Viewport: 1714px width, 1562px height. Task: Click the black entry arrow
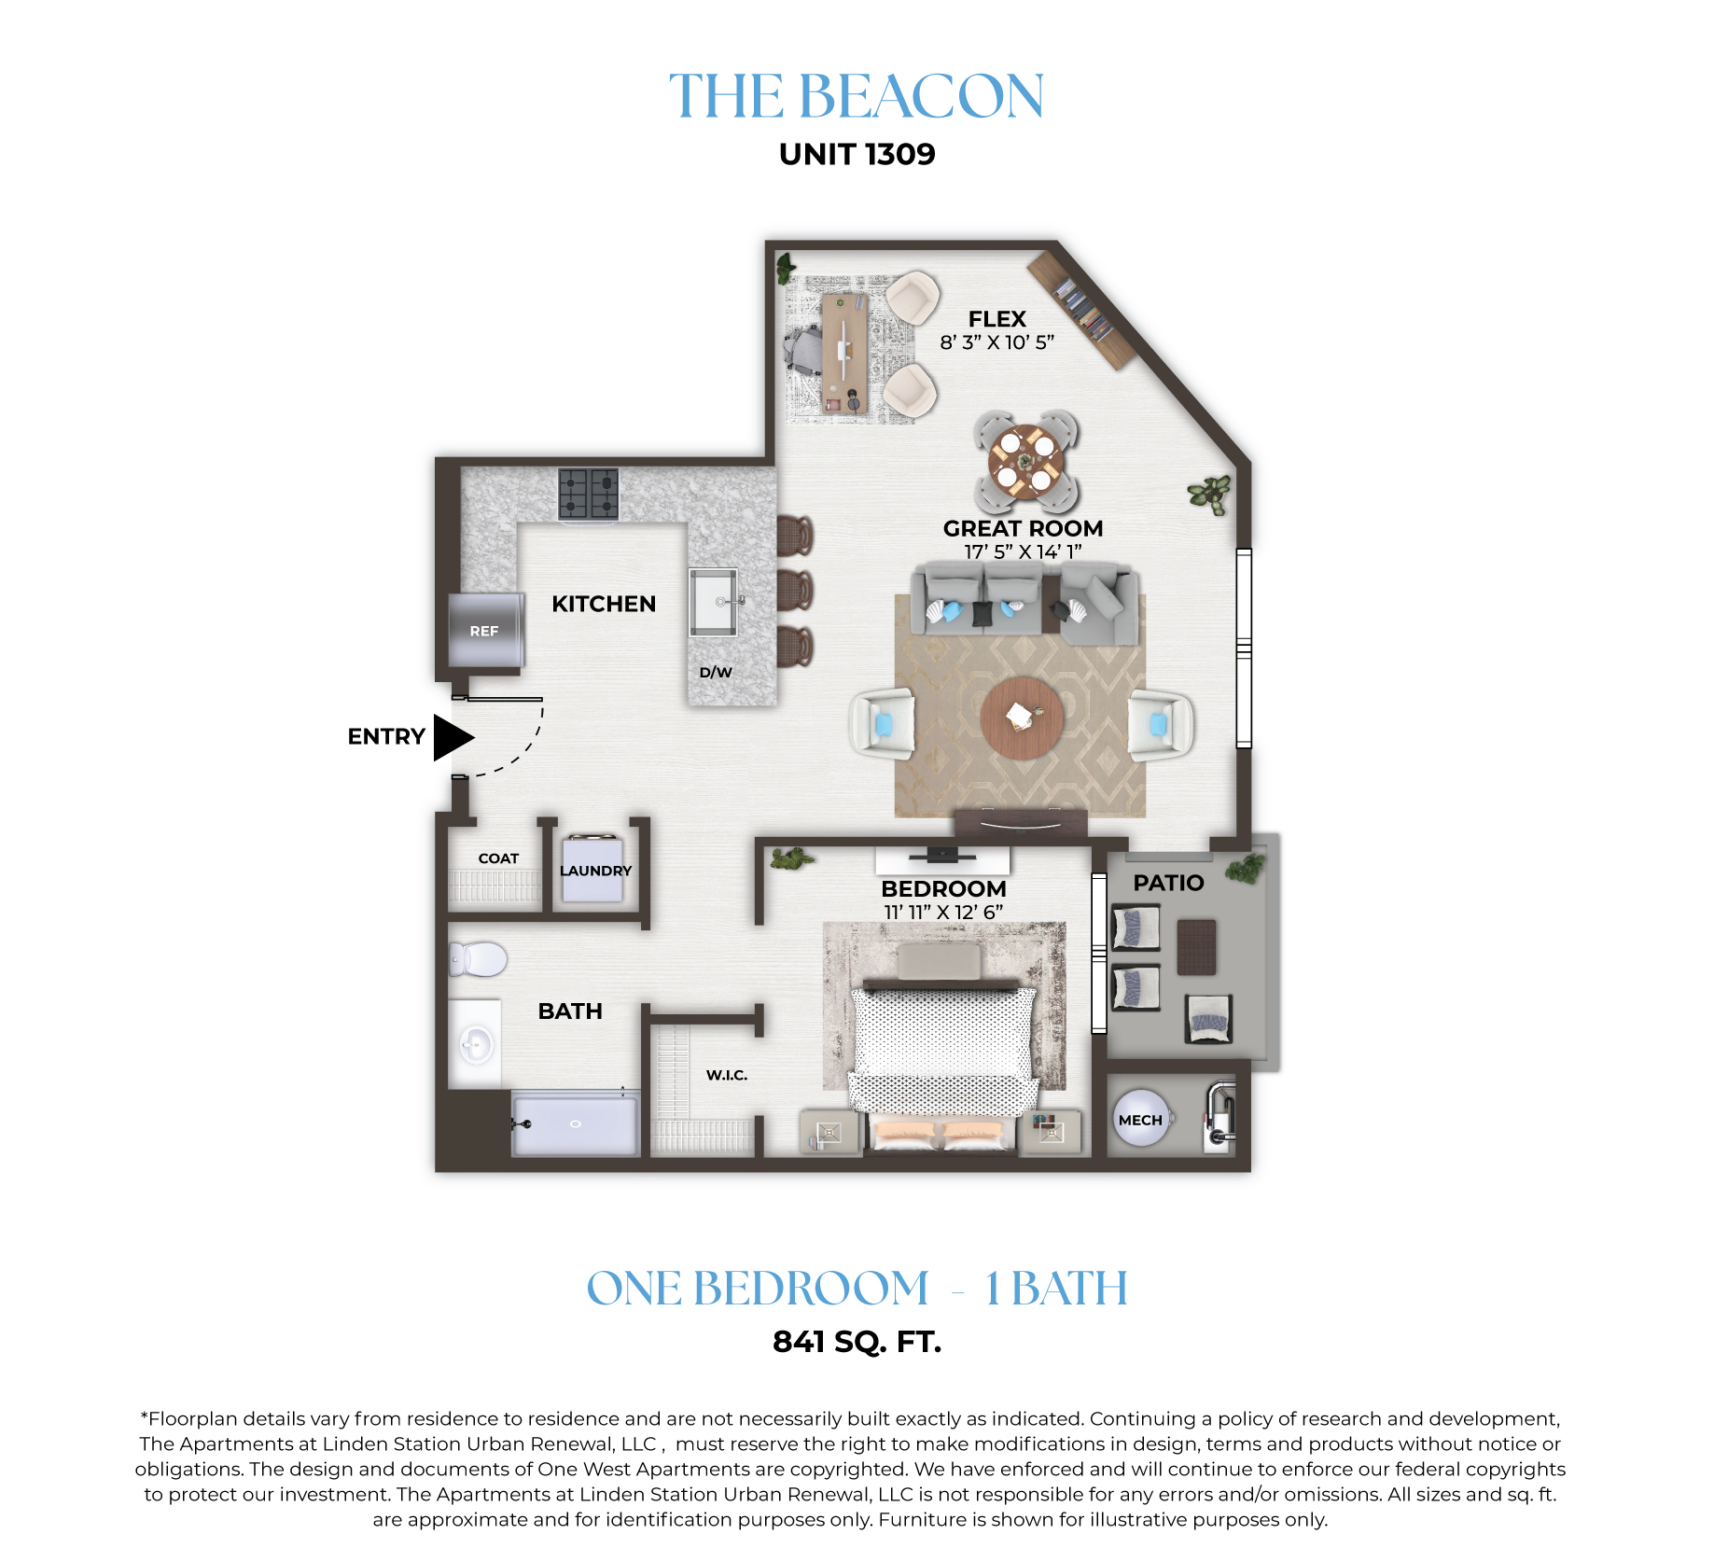(x=453, y=737)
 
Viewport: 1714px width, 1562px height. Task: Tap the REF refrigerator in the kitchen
(x=484, y=630)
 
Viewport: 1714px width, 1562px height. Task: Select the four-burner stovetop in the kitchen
(x=589, y=494)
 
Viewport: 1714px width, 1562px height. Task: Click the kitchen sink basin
(x=713, y=602)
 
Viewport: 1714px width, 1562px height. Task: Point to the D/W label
(x=716, y=672)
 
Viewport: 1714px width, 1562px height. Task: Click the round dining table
(x=1025, y=461)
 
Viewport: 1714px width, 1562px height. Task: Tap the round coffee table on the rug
(x=1022, y=718)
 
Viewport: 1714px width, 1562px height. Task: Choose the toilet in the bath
(x=478, y=958)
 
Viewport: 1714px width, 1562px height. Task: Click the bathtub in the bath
(x=576, y=1123)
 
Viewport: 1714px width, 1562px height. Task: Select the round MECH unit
(x=1140, y=1119)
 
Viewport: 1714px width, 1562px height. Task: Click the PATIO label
(x=1168, y=883)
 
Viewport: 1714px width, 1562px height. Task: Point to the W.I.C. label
(x=727, y=1075)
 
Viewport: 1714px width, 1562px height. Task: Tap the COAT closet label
(x=498, y=858)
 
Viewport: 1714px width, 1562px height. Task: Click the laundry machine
(x=592, y=869)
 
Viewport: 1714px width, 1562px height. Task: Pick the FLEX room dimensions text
(x=996, y=342)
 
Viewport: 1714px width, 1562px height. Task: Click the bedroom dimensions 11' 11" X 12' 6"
(x=943, y=912)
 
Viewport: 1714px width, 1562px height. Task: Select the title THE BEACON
(x=857, y=96)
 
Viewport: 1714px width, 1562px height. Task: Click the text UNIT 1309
(x=857, y=154)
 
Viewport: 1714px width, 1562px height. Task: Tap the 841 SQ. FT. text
(x=857, y=1342)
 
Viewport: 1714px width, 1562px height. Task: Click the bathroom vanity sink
(x=476, y=1043)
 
